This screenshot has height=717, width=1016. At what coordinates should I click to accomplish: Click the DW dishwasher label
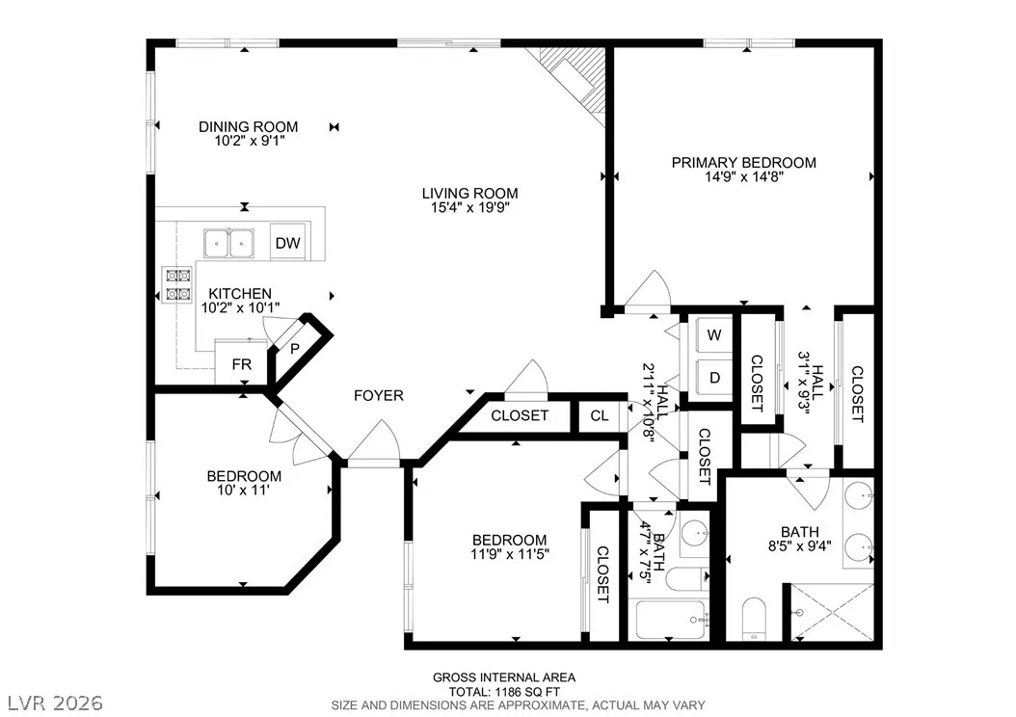tap(287, 243)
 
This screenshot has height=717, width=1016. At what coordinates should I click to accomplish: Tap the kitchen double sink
tap(228, 244)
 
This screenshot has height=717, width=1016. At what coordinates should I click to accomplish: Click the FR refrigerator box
tap(241, 364)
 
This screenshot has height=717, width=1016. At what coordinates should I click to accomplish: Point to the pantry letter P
tap(295, 349)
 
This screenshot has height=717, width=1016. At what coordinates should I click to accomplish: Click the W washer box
tap(714, 334)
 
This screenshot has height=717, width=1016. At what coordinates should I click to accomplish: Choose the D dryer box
tap(714, 378)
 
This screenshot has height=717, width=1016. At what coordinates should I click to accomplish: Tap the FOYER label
tap(379, 395)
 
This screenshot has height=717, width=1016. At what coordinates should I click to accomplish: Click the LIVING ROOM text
tap(469, 193)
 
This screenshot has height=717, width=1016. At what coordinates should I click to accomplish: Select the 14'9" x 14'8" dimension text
tap(744, 176)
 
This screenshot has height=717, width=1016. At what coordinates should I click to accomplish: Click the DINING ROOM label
tap(248, 126)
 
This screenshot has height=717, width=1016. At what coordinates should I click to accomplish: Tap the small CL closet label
tap(600, 415)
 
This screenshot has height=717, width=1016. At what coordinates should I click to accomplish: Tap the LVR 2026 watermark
tap(55, 703)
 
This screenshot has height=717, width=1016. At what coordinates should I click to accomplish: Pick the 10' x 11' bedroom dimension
tap(244, 491)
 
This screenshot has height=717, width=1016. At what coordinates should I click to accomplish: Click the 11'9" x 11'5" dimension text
tap(510, 554)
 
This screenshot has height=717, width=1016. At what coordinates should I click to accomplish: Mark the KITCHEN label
tap(240, 293)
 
